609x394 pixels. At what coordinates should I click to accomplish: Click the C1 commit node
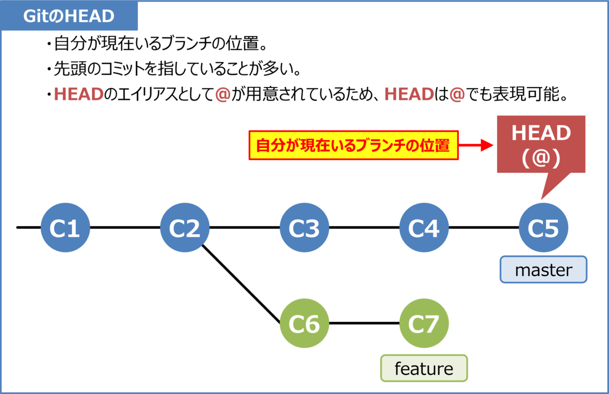click(x=65, y=228)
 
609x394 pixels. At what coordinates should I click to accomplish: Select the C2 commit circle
click(x=185, y=228)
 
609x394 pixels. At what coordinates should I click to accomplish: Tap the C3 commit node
click(x=304, y=228)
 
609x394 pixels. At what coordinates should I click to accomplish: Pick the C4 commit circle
click(x=424, y=228)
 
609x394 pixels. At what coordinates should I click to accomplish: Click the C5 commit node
click(x=543, y=228)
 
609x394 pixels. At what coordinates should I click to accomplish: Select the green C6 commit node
click(x=304, y=323)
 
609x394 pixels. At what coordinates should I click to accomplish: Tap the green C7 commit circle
click(x=424, y=323)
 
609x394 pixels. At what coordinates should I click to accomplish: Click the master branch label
click(x=543, y=270)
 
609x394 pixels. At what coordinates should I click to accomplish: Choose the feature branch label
click(x=424, y=368)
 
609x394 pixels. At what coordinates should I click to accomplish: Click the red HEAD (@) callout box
click(x=541, y=144)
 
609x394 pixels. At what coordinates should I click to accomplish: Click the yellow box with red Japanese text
click(x=353, y=145)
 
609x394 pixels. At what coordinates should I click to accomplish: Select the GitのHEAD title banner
click(x=69, y=16)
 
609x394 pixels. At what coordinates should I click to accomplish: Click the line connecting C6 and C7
click(x=364, y=323)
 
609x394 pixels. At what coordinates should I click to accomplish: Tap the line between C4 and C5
click(x=484, y=228)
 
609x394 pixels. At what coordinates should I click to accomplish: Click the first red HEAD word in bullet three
click(x=79, y=94)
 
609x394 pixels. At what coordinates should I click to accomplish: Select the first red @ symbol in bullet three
click(x=223, y=94)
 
